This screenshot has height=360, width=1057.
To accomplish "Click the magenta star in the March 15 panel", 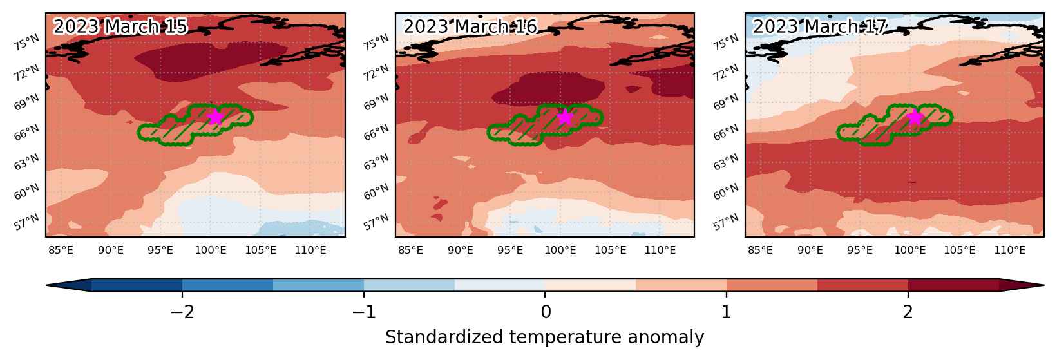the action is click(x=215, y=116).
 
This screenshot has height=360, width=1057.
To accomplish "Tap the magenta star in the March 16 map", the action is click(x=565, y=117).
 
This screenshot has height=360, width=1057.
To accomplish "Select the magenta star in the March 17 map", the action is click(x=915, y=117).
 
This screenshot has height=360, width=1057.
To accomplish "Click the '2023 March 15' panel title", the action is click(x=120, y=26).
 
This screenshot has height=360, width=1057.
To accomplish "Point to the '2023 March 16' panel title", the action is click(x=470, y=26).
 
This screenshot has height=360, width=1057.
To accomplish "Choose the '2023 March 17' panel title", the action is click(x=820, y=26).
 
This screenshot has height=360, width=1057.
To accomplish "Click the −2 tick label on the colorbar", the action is click(x=182, y=312).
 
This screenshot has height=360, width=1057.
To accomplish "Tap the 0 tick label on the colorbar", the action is click(x=546, y=312).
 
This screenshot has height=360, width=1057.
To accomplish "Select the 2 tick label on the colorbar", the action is click(x=908, y=312).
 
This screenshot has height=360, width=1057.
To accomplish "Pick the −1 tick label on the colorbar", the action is click(x=364, y=312).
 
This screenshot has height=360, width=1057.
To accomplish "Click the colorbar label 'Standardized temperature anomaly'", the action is click(x=544, y=337).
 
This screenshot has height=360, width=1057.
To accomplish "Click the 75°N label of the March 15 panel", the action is click(x=26, y=43).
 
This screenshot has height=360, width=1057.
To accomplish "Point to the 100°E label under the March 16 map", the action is click(x=560, y=250).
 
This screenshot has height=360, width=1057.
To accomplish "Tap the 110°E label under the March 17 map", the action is click(x=1010, y=250).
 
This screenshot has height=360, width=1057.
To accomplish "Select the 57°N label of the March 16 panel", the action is click(x=376, y=222).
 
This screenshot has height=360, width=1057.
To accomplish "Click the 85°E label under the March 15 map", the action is click(x=61, y=250).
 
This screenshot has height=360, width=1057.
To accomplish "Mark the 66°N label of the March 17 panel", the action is click(x=726, y=132).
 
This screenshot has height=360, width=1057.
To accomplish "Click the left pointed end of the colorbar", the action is click(x=46, y=285).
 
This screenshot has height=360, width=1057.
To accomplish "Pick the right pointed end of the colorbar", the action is click(x=1044, y=285).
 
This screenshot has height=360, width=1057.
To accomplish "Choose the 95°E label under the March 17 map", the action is click(x=860, y=250).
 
